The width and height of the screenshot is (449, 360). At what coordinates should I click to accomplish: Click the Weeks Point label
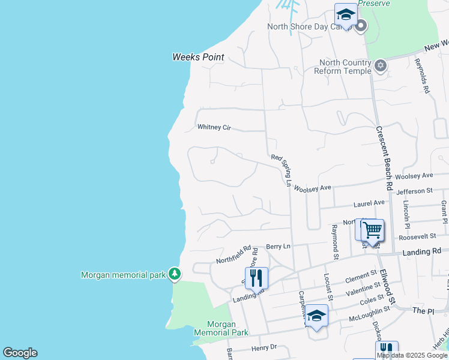pos(198,58)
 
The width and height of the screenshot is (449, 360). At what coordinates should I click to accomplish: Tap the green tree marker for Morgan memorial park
pos(175,274)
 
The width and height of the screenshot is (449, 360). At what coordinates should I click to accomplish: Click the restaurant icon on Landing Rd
pos(257,278)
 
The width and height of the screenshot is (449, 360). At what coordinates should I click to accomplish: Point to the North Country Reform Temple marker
pos(380,65)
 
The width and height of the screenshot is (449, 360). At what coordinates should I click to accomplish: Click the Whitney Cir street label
pos(214,127)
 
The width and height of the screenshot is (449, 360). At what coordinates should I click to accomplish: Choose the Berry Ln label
pos(278,247)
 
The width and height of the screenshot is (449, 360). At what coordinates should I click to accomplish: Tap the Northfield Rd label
pos(234,254)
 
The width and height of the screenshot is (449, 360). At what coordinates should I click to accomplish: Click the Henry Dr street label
pos(264,347)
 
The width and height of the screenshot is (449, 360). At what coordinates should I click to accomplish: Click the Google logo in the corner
pos(20,353)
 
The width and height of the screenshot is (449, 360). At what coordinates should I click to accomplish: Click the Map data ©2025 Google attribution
pos(412,355)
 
